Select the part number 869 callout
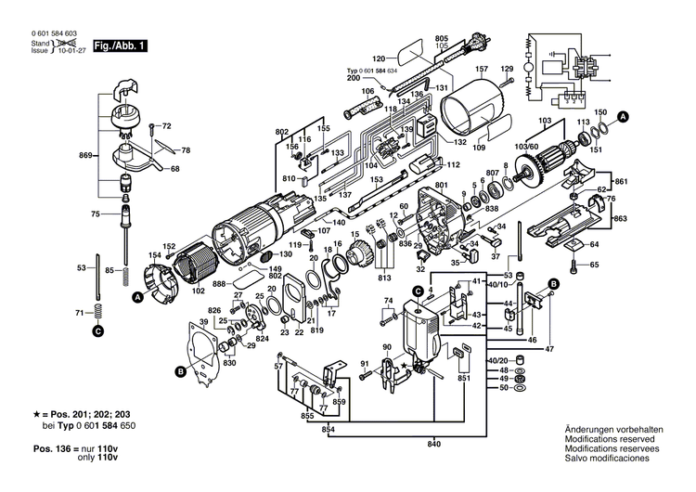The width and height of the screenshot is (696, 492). coord(85,153)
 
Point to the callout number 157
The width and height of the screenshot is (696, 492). coord(482,70)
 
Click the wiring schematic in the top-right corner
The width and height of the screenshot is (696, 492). coord(569,67)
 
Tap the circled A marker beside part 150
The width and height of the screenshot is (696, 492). coord(624,116)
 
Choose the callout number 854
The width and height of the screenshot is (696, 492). coord(328,430)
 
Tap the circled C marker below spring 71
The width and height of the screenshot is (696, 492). coord(97,329)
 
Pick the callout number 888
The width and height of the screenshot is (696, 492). coord(219,284)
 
